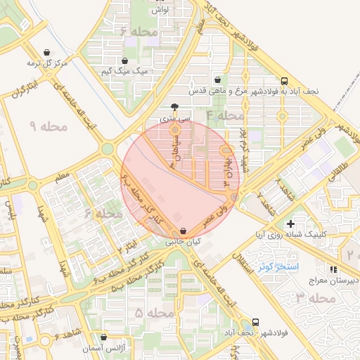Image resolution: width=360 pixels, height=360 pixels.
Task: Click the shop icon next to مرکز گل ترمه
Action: (x=47, y=52)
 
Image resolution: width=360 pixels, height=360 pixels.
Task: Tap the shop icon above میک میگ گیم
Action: (x=125, y=60)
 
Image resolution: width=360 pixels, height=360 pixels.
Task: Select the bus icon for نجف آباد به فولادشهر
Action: (x=284, y=81)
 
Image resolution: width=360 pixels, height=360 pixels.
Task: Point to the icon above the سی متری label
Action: (x=174, y=108)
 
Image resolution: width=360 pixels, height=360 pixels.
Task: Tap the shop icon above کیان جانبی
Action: (x=184, y=231)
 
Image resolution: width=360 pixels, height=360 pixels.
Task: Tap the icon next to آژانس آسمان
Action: (x=104, y=337)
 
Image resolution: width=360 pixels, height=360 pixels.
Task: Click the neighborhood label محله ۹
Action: (x=48, y=127)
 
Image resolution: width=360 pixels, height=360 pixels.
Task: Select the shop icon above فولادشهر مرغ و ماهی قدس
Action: (x=217, y=80)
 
